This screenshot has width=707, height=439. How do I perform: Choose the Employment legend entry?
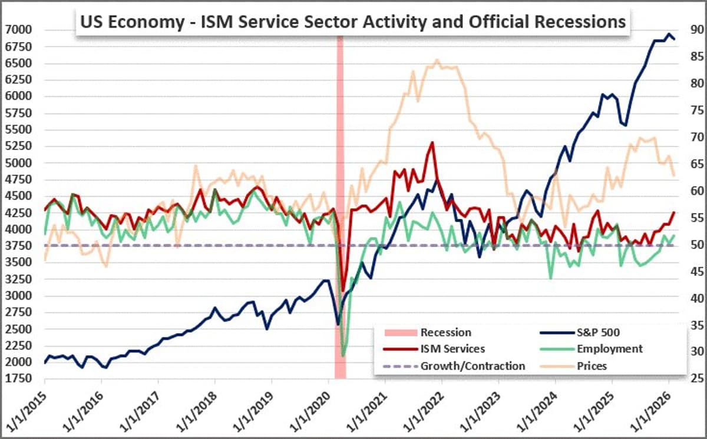tap(610, 349)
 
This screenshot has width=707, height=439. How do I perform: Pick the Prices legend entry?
tap(592, 366)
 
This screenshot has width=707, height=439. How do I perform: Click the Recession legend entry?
tap(445, 332)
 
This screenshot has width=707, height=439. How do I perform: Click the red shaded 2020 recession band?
tap(340, 177)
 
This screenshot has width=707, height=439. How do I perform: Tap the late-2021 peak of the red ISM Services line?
tap(432, 142)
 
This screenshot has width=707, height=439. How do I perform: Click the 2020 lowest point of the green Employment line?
tap(343, 355)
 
